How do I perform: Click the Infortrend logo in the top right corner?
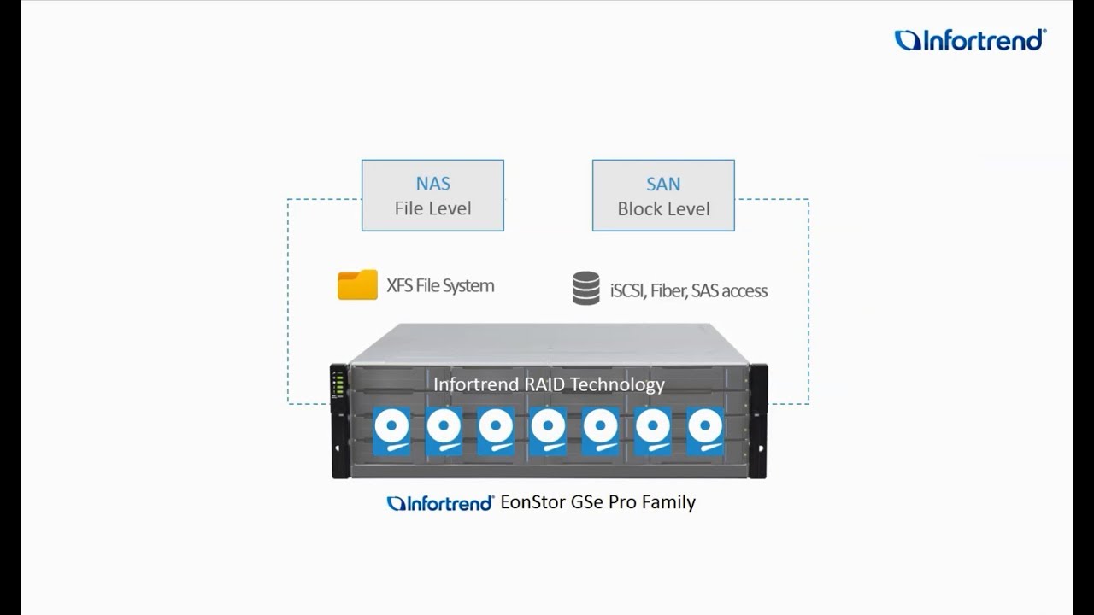click(x=970, y=40)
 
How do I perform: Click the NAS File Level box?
click(x=432, y=196)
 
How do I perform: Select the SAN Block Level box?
click(x=663, y=196)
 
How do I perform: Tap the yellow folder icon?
click(x=357, y=285)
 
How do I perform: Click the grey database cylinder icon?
click(x=585, y=289)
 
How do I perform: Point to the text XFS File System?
click(x=440, y=286)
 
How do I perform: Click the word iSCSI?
click(x=627, y=291)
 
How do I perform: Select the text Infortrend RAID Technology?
click(x=549, y=384)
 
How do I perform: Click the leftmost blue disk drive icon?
click(x=391, y=430)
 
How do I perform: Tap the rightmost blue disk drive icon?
click(x=705, y=430)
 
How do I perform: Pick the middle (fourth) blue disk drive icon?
click(x=548, y=430)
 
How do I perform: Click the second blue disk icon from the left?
click(x=444, y=430)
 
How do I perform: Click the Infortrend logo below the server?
click(x=440, y=503)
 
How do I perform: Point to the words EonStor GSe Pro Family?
click(x=597, y=502)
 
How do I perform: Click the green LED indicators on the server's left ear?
click(x=338, y=385)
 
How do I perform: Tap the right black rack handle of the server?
click(x=758, y=420)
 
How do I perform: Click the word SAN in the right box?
click(x=663, y=184)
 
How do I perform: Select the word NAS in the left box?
click(x=432, y=184)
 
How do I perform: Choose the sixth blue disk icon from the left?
click(x=653, y=430)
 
